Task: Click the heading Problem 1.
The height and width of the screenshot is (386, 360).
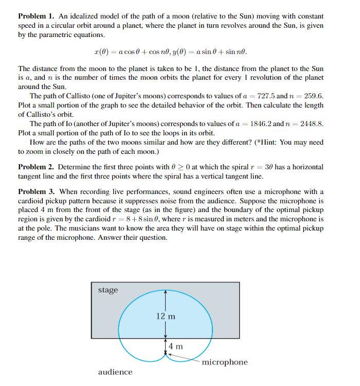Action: click(37, 15)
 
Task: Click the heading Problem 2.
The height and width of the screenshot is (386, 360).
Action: click(37, 167)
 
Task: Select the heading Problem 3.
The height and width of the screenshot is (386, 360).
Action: click(37, 192)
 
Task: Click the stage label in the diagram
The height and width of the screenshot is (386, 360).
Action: click(108, 290)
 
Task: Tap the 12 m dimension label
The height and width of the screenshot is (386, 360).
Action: click(166, 316)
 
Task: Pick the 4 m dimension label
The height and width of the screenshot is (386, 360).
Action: click(176, 346)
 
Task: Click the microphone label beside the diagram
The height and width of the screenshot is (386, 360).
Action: click(225, 362)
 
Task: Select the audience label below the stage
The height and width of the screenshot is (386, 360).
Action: click(115, 372)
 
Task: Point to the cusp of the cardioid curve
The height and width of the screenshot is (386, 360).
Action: click(165, 355)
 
